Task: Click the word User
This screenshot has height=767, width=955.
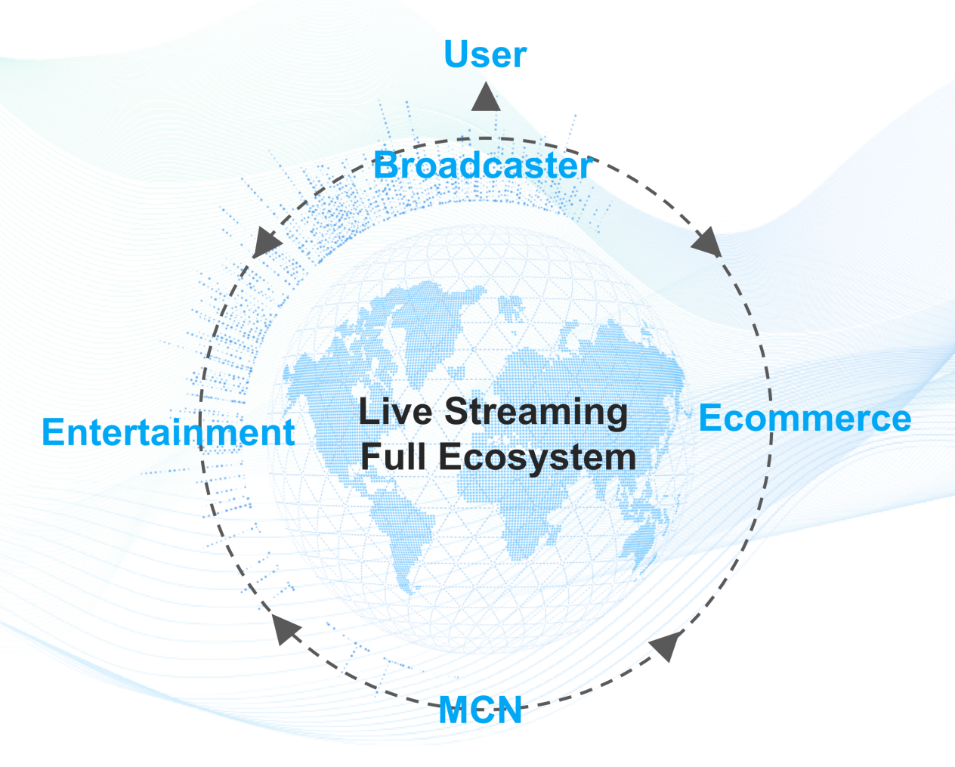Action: (485, 54)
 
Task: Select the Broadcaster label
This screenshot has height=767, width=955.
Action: (484, 165)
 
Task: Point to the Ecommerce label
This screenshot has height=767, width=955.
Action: (805, 418)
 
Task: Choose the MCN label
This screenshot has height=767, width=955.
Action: (481, 710)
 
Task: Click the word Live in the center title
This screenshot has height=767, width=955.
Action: (395, 412)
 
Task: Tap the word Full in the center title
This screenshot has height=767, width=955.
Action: (393, 456)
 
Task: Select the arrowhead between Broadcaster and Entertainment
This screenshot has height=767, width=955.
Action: (266, 243)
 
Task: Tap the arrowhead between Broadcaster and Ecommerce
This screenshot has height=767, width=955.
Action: (706, 243)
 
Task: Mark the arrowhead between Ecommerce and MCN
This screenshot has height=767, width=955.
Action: (666, 645)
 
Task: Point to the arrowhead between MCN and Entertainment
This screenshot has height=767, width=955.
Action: (285, 629)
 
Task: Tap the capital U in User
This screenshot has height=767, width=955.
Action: (456, 54)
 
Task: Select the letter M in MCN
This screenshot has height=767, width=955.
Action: (453, 710)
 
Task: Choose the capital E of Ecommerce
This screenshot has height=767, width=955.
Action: (709, 418)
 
